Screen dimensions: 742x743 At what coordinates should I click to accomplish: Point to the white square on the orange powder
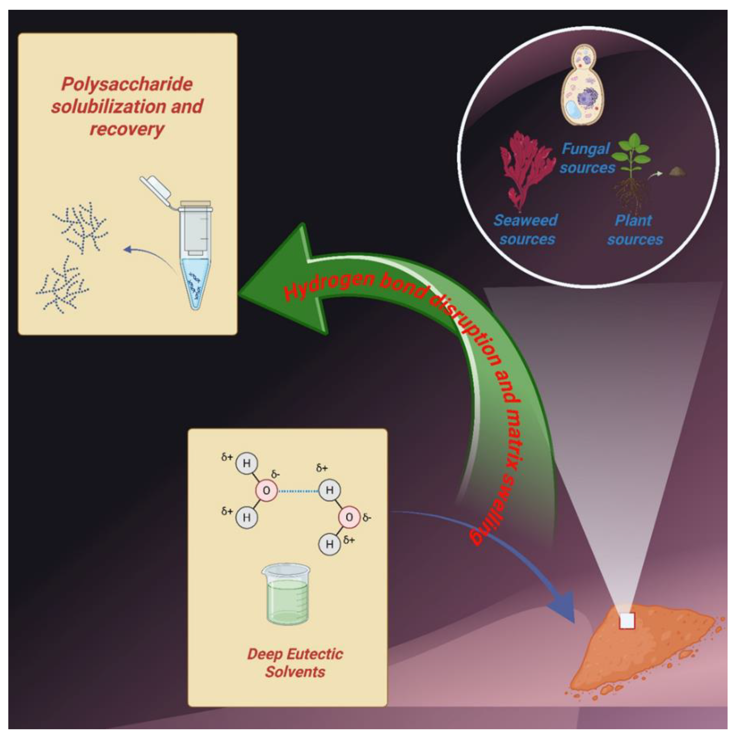pyautogui.click(x=627, y=620)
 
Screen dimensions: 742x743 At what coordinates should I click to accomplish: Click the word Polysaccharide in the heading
pyautogui.click(x=127, y=84)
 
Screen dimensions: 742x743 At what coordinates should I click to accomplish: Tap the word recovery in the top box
pyautogui.click(x=127, y=129)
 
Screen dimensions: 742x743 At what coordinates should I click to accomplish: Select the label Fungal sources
pyautogui.click(x=587, y=158)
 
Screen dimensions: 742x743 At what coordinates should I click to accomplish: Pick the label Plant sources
pyautogui.click(x=634, y=230)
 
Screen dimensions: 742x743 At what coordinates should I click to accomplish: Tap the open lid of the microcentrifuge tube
pyautogui.click(x=156, y=187)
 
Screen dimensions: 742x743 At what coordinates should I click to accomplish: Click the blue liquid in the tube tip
pyautogui.click(x=195, y=281)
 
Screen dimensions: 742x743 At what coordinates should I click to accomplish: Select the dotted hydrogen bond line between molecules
pyautogui.click(x=298, y=491)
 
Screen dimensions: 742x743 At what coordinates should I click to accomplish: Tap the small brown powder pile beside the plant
pyautogui.click(x=677, y=171)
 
